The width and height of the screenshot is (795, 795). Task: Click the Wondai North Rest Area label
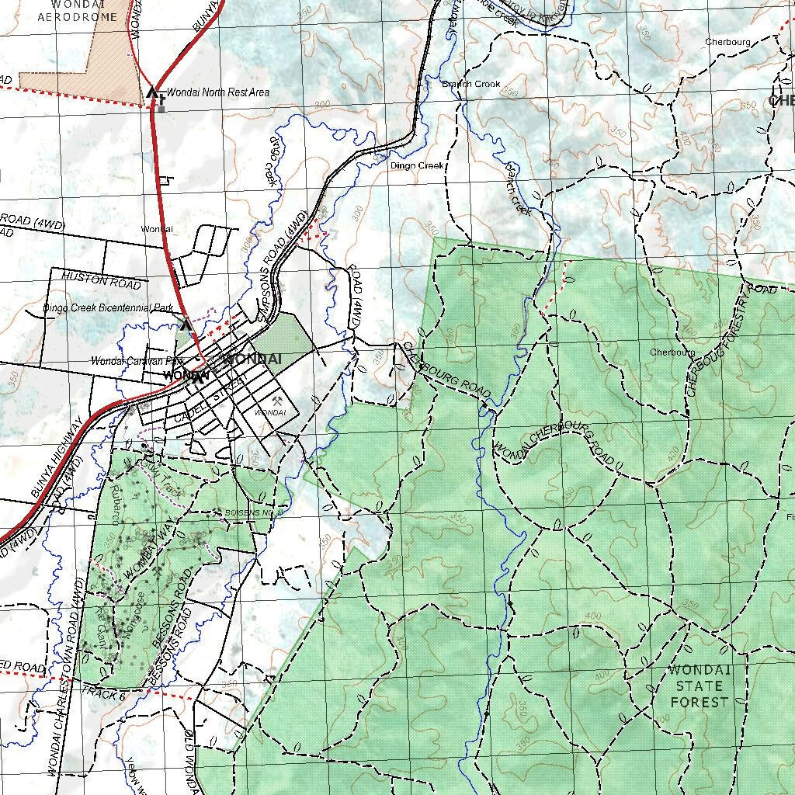[218, 92]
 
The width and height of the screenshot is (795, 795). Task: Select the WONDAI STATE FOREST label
[700, 686]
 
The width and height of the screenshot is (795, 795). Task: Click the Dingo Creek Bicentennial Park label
[109, 308]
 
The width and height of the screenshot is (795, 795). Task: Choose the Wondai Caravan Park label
[137, 361]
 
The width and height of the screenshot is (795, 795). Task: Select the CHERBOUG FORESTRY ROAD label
[718, 340]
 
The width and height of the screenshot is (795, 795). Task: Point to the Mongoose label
[134, 616]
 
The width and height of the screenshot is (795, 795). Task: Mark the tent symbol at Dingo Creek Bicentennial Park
[185, 325]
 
